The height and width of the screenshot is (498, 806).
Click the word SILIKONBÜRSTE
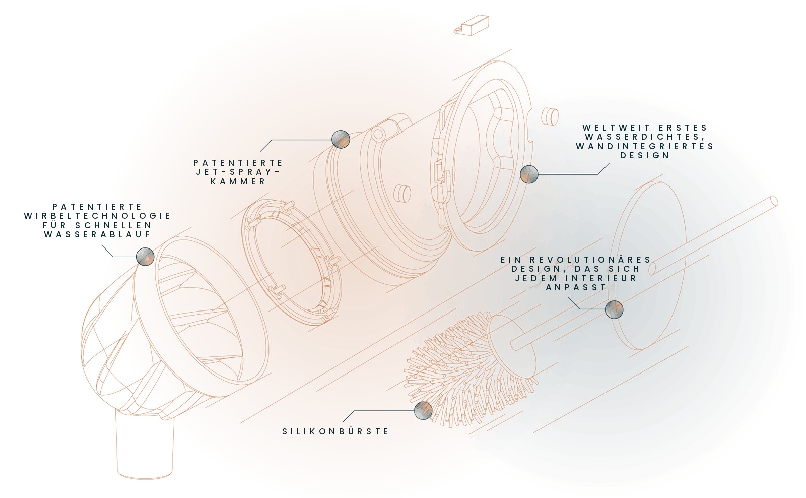click(x=335, y=431)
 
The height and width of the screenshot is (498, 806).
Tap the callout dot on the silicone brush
click(x=423, y=410)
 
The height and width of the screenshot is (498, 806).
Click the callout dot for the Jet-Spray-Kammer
click(x=341, y=139)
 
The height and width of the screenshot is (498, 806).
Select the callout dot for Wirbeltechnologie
click(x=146, y=257)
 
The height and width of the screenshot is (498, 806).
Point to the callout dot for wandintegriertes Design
click(x=529, y=174)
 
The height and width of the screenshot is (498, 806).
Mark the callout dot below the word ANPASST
click(x=614, y=309)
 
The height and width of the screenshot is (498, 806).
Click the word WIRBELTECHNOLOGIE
click(x=97, y=216)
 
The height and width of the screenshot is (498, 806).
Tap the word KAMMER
click(x=238, y=181)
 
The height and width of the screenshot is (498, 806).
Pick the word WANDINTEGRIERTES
click(x=645, y=147)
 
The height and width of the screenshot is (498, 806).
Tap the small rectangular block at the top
click(x=472, y=25)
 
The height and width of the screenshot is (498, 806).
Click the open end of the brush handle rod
click(x=773, y=202)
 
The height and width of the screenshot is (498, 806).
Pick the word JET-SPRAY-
click(x=238, y=172)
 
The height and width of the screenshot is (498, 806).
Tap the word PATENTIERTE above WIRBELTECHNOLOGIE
click(x=97, y=207)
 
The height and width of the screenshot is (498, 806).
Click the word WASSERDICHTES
click(x=645, y=137)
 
